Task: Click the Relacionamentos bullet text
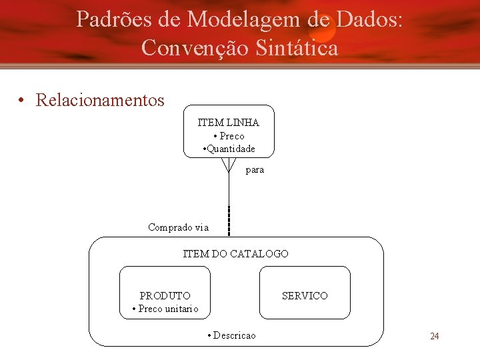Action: pyautogui.click(x=100, y=101)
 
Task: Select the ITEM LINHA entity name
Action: pyautogui.click(x=229, y=123)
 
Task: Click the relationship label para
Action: pyautogui.click(x=255, y=170)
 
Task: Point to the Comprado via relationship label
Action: pyautogui.click(x=178, y=227)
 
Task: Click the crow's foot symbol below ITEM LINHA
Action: pyautogui.click(x=229, y=165)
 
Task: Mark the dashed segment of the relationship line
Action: pyautogui.click(x=229, y=221)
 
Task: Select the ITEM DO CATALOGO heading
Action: pyautogui.click(x=236, y=254)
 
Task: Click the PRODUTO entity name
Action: pyautogui.click(x=165, y=295)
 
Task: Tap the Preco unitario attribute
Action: pyautogui.click(x=165, y=309)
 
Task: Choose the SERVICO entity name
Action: pyautogui.click(x=305, y=295)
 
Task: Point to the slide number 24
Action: pyautogui.click(x=434, y=336)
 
